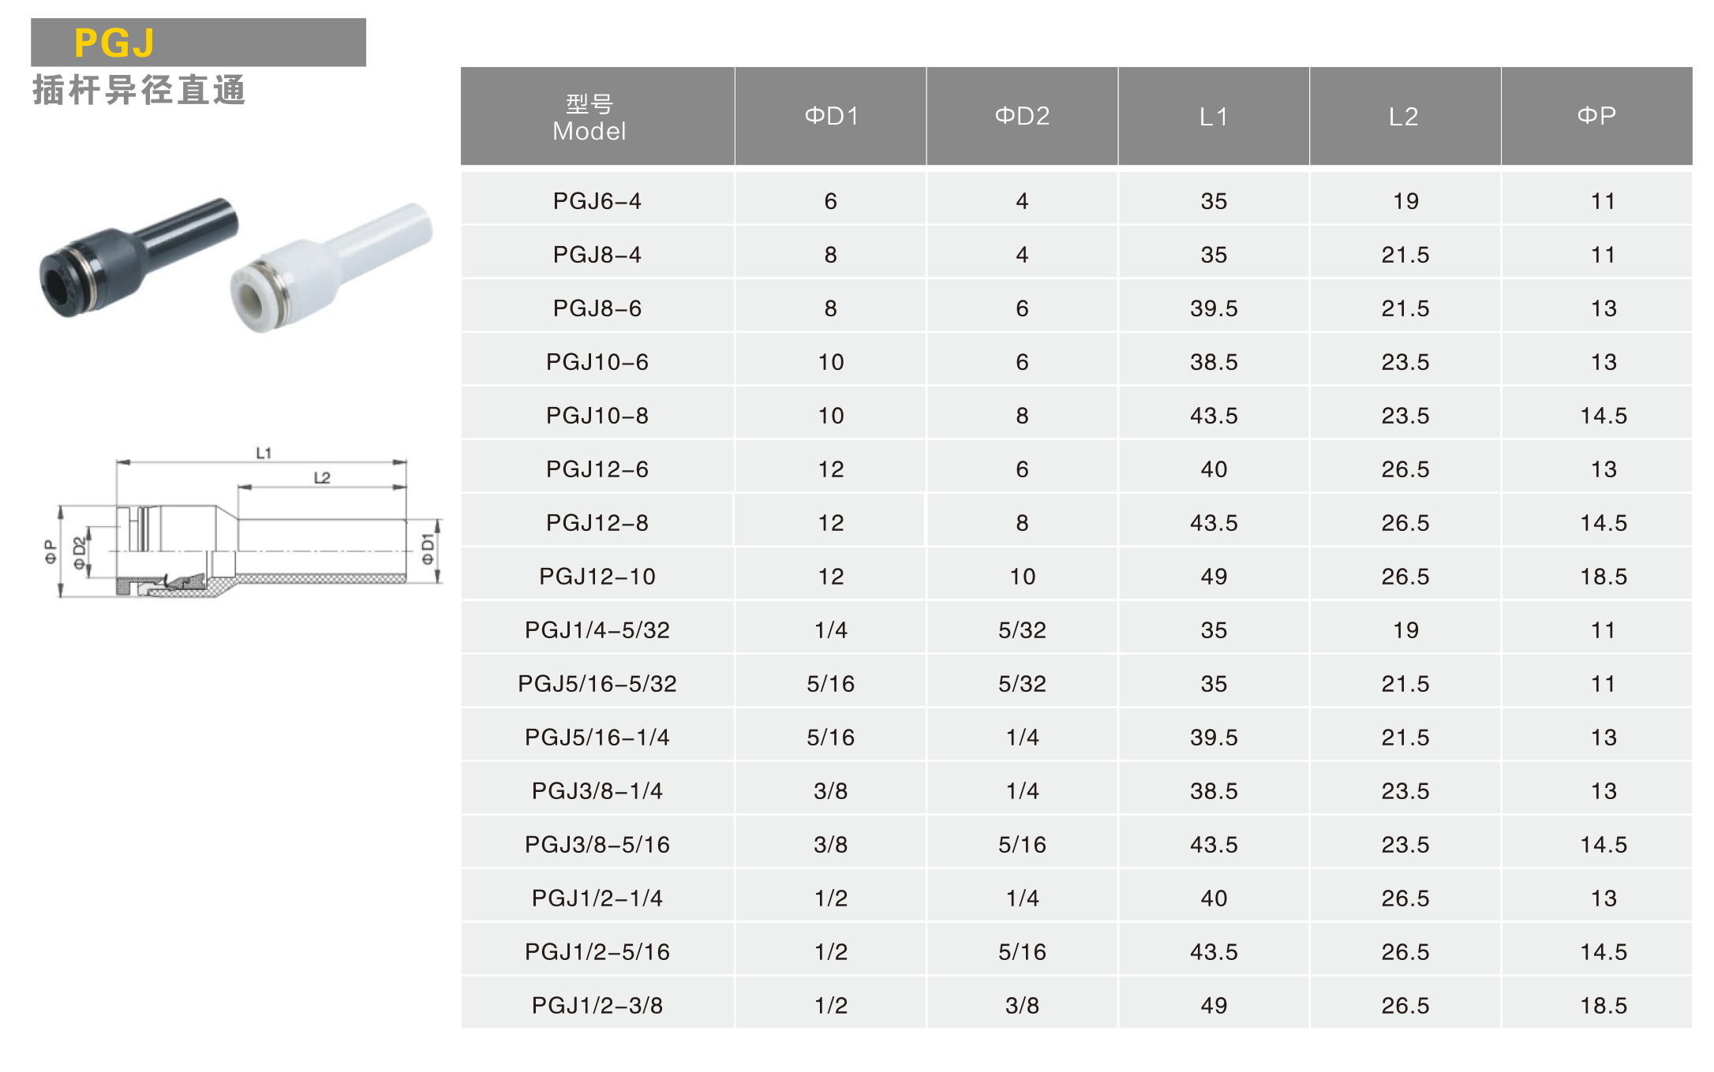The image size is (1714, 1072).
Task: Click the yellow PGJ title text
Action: point(114,43)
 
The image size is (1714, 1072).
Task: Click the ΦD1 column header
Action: point(831,116)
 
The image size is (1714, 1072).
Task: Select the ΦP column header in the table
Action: point(1596,116)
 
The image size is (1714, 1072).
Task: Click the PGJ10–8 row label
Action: point(597,416)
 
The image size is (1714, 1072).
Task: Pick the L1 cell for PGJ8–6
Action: point(1214,308)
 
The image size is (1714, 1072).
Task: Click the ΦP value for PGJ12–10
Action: point(1604,577)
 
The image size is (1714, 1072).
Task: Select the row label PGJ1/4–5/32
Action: point(597,630)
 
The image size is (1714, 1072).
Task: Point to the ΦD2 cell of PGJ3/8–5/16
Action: point(1022,845)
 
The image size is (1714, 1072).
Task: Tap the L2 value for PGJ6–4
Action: point(1405,201)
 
